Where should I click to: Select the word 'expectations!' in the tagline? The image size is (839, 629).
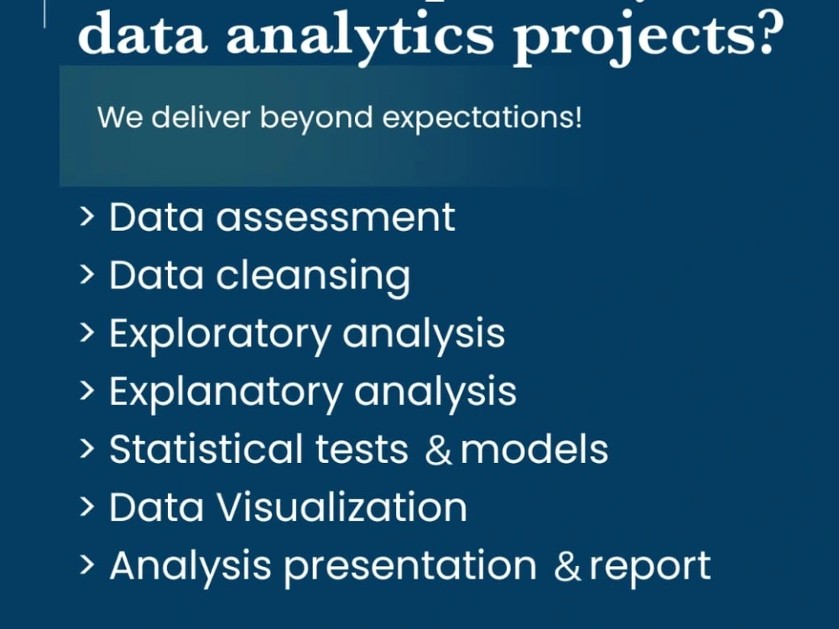pyautogui.click(x=482, y=117)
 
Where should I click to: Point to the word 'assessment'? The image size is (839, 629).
pyautogui.click(x=336, y=217)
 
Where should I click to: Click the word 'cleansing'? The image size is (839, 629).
pyautogui.click(x=314, y=276)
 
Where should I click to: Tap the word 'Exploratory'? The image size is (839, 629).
pyautogui.click(x=220, y=334)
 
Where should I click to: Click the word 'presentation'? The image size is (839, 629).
pyautogui.click(x=410, y=566)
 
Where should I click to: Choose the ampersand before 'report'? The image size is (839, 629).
pyautogui.click(x=567, y=567)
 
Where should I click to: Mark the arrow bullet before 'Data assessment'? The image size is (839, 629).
pyautogui.click(x=87, y=216)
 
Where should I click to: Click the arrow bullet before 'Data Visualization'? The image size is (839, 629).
pyautogui.click(x=87, y=507)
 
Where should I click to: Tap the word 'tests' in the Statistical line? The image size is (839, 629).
pyautogui.click(x=362, y=450)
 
